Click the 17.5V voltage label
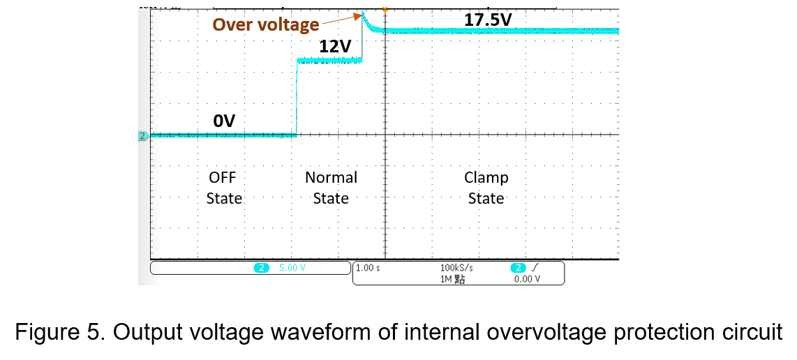(488, 20)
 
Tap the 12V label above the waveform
(335, 46)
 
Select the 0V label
(224, 121)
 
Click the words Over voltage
(265, 24)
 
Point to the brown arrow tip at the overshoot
(360, 15)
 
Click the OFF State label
(223, 188)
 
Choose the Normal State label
(331, 188)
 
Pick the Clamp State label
(486, 188)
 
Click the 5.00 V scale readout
(292, 268)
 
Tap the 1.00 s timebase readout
(368, 268)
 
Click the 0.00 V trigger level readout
(527, 278)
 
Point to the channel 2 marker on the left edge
(143, 136)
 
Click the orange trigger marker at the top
(385, 8)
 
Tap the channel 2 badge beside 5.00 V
(261, 268)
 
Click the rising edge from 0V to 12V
(297, 98)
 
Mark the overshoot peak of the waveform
(362, 13)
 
